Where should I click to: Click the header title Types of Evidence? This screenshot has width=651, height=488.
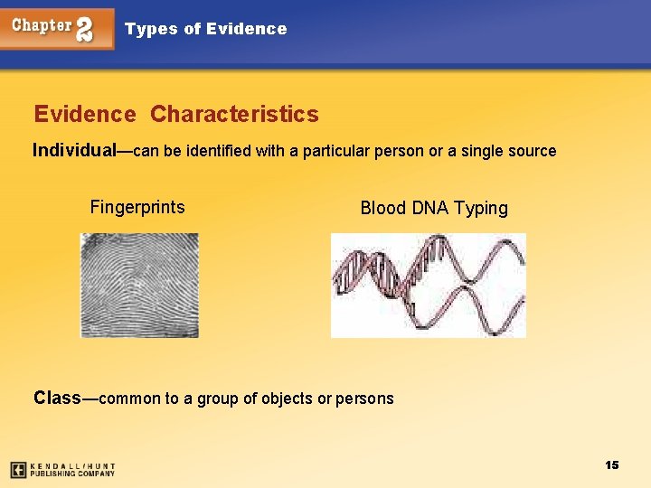pos(205,29)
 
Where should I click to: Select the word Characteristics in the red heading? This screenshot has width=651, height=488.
pos(234,115)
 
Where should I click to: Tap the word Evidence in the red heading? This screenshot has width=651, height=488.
pos(84,115)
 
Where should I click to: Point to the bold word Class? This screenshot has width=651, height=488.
pos(56,398)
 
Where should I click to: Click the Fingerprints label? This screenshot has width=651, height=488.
pos(137,207)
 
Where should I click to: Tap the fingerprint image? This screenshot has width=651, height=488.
pos(139,285)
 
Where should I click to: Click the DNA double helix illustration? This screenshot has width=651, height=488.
pos(428,285)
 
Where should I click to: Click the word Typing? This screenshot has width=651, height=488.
pos(481,209)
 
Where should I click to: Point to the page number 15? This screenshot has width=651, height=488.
pos(612,465)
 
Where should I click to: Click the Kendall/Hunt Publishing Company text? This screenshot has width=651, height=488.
pos(72,470)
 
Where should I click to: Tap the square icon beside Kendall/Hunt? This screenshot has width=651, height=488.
pos(18,470)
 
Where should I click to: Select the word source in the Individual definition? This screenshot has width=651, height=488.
pos(531,151)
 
